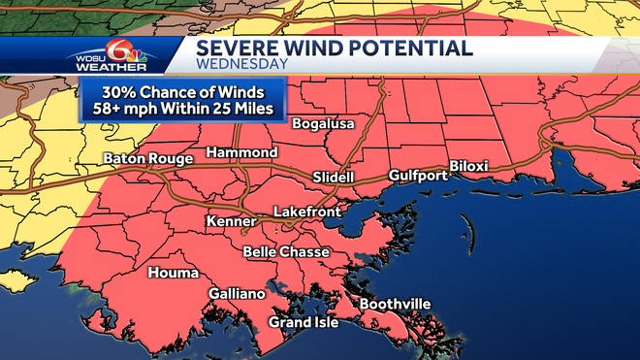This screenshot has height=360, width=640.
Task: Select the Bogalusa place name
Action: click(x=323, y=124)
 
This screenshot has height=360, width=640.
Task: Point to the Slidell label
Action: click(x=334, y=178)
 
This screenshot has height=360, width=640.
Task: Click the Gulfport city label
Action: click(x=417, y=176)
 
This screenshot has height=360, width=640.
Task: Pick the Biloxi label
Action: click(x=468, y=166)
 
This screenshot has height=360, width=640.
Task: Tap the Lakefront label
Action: click(x=304, y=211)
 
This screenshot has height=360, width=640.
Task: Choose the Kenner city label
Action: click(x=230, y=222)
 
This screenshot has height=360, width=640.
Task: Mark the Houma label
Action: click(x=173, y=274)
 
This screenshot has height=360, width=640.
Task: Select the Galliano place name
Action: click(x=236, y=294)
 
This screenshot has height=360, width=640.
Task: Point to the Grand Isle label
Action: click(x=304, y=322)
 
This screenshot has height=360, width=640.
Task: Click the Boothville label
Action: click(x=395, y=304)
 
